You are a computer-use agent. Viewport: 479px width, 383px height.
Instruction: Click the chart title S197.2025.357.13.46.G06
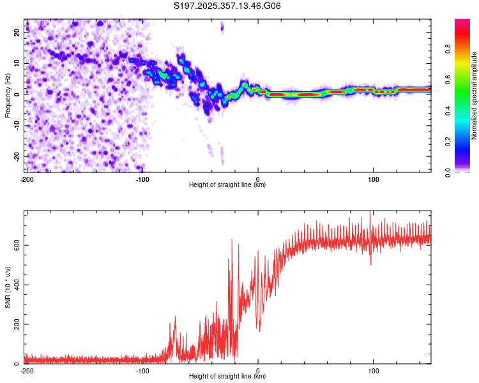pyautogui.click(x=227, y=6)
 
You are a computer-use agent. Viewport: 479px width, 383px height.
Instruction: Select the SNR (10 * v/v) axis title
pyautogui.click(x=8, y=287)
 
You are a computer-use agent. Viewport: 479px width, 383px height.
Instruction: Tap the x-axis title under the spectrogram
pyautogui.click(x=227, y=184)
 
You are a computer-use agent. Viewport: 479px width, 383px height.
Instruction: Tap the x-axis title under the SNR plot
pyautogui.click(x=227, y=376)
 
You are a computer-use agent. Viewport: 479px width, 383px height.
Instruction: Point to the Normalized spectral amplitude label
pyautogui.click(x=475, y=96)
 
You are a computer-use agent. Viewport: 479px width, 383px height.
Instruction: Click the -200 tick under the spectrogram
pyautogui.click(x=26, y=179)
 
